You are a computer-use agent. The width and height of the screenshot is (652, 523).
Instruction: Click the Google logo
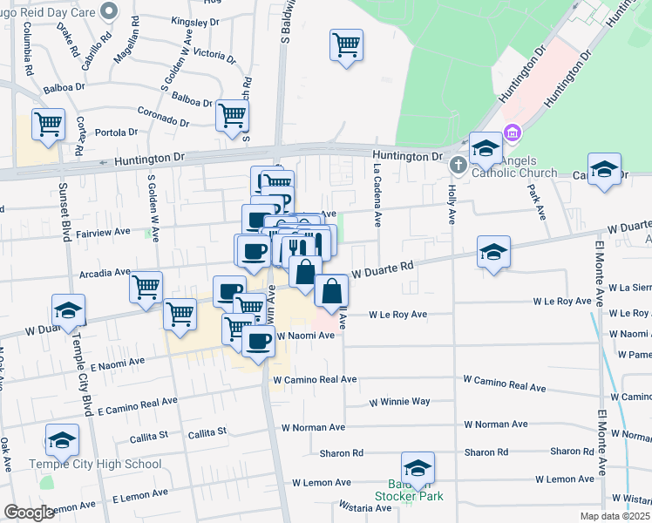[29, 513]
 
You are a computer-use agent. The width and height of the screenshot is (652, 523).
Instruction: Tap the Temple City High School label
[95, 464]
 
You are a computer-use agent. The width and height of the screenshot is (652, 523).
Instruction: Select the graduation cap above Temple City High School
[62, 442]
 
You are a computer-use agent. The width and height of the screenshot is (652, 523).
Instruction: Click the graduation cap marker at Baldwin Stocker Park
[418, 469]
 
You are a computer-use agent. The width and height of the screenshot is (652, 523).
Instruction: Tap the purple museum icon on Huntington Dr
[513, 134]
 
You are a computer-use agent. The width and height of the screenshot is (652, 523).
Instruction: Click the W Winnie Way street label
[399, 402]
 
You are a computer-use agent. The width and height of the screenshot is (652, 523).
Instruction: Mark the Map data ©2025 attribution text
[615, 516]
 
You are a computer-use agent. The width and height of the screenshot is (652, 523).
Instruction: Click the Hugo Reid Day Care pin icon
[109, 11]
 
